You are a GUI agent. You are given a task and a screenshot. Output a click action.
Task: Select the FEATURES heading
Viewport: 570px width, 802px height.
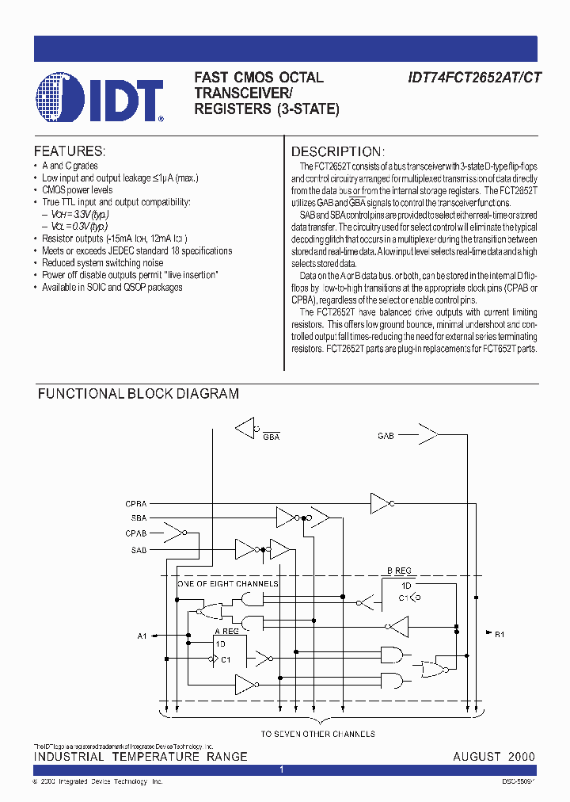pos(69,151)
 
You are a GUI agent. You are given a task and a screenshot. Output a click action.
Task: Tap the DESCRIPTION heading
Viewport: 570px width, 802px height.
pos(338,151)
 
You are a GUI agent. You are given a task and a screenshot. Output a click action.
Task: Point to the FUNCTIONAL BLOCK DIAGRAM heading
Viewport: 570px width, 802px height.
pos(139,394)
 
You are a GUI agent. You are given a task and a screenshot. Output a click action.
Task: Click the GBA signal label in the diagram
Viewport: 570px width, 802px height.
pos(272,437)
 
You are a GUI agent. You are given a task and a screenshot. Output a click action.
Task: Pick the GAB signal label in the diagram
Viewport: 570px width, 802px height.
pos(386,436)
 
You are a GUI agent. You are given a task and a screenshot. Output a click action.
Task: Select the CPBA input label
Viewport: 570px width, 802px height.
pos(135,503)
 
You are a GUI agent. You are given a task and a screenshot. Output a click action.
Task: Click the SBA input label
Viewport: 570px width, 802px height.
pos(139,518)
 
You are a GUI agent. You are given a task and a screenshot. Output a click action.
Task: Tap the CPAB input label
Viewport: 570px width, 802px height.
pos(135,533)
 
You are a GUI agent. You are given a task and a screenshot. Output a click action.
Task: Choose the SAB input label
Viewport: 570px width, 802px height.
pos(139,549)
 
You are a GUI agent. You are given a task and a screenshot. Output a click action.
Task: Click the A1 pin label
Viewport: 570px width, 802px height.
pos(142,636)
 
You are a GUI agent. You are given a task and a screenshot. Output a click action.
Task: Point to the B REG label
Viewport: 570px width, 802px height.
pos(400,571)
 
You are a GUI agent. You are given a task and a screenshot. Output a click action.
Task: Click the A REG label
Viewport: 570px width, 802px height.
pos(227,631)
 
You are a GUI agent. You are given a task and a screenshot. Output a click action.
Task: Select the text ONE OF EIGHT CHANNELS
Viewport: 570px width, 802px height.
pos(227,584)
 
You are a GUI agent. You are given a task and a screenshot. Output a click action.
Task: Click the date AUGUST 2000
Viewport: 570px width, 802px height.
pos(494,757)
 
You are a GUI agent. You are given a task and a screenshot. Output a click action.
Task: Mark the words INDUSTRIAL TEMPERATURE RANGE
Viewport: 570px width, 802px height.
pos(140,757)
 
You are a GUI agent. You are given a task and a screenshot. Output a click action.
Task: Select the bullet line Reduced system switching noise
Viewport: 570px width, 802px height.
pos(103,263)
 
